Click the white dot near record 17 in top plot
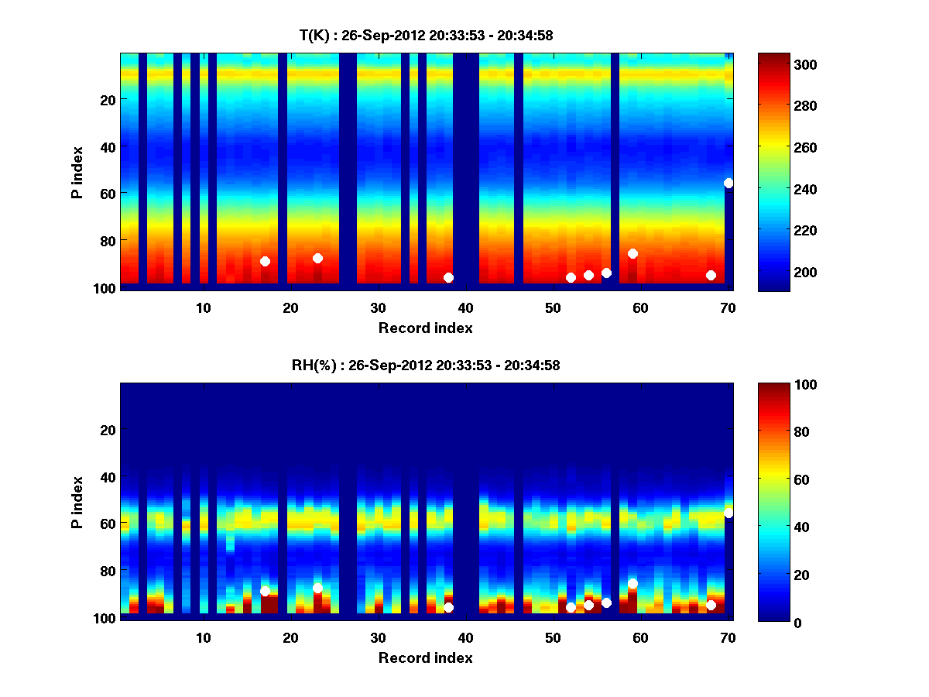point(265,262)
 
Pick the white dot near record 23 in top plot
point(317,258)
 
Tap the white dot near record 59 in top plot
point(632,253)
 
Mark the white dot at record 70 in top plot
point(728,183)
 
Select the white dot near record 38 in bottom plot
point(448,607)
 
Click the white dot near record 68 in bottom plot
point(711,605)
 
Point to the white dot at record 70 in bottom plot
point(728,513)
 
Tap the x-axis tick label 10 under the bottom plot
point(203,637)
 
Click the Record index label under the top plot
point(426,328)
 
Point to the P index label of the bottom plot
point(77,503)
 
